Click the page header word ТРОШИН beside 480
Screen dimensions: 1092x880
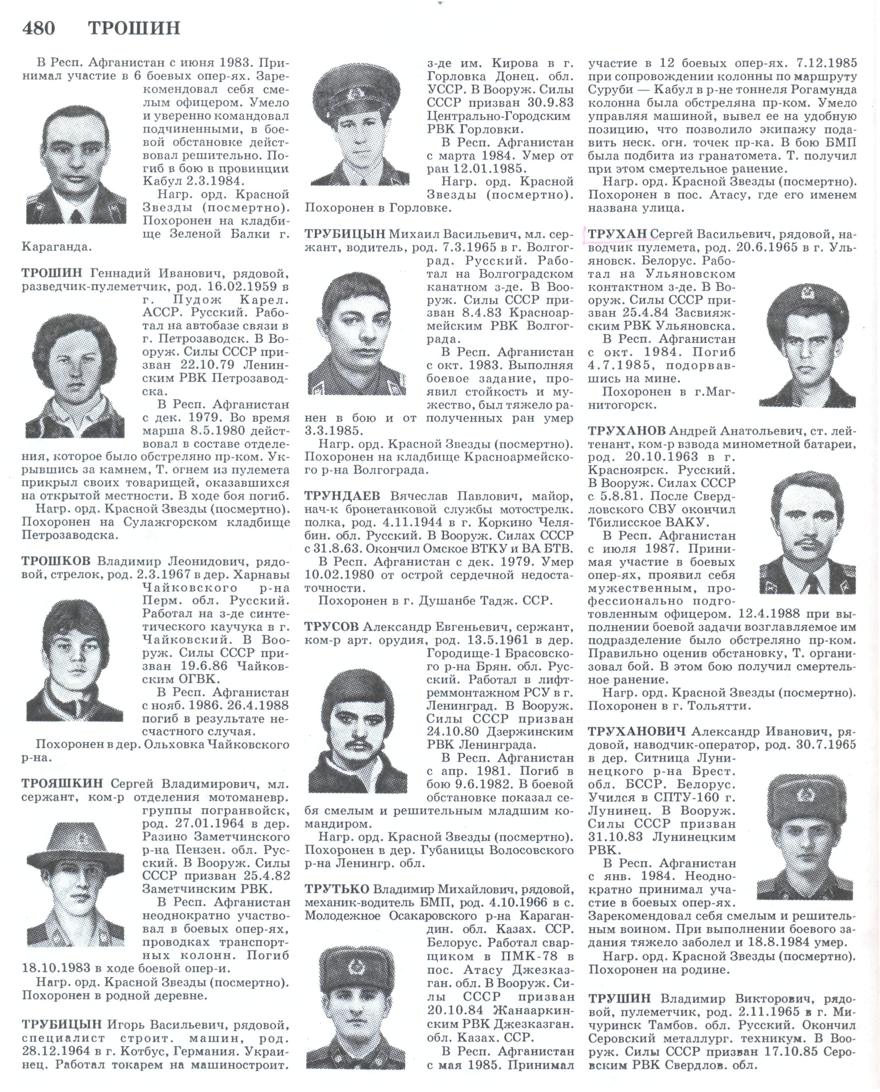click(134, 28)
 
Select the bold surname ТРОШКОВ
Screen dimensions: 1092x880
click(56, 561)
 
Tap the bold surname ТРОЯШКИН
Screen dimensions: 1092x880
click(62, 784)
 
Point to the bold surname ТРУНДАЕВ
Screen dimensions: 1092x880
click(342, 496)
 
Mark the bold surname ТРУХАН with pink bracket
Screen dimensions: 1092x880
click(617, 234)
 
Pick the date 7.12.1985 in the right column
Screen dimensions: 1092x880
click(826, 63)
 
